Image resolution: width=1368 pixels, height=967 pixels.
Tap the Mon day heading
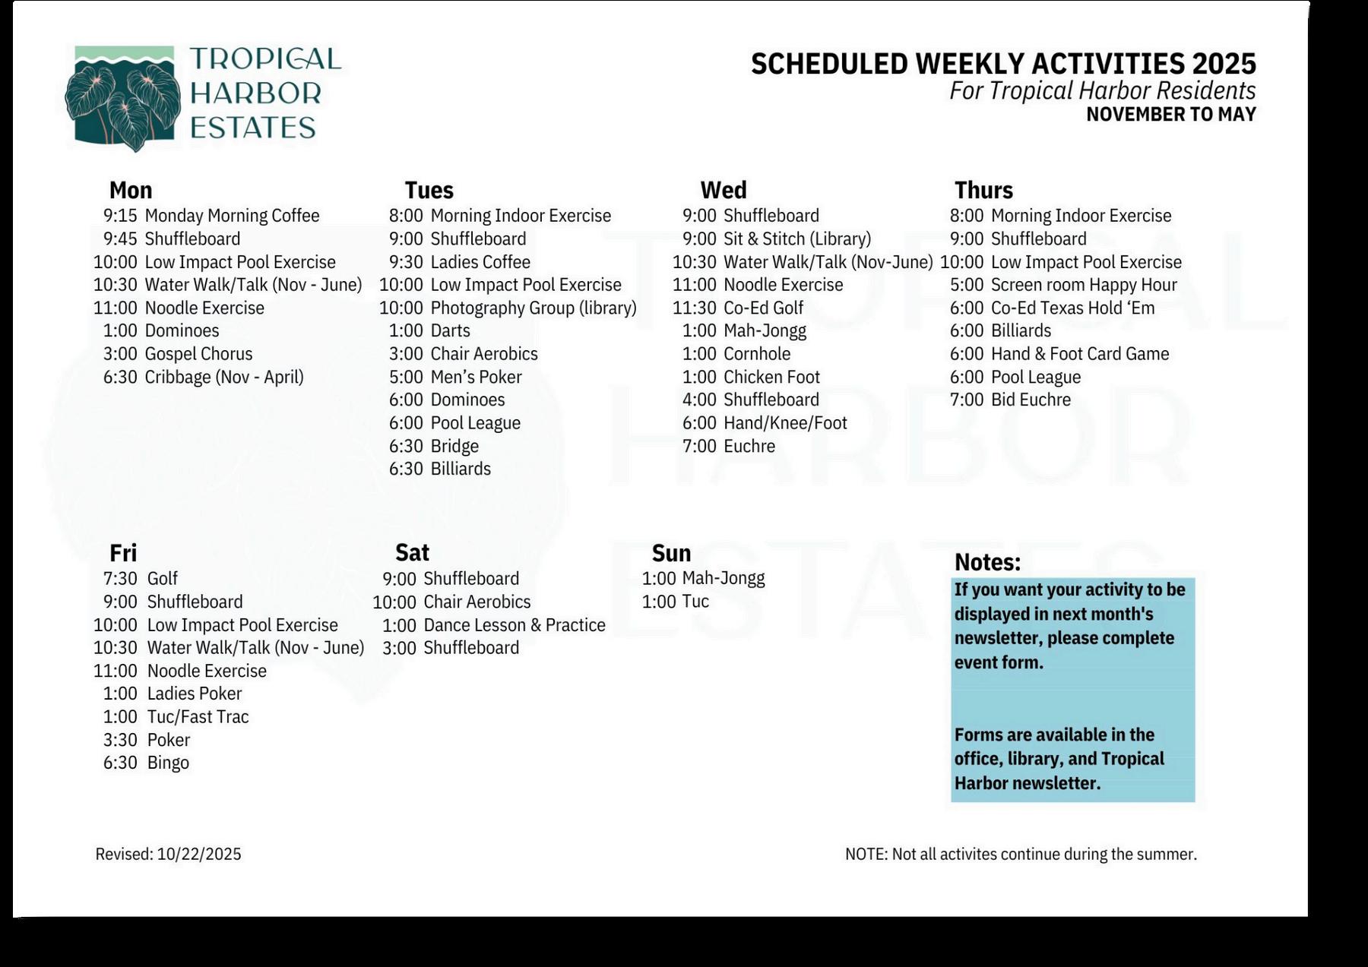pyautogui.click(x=131, y=190)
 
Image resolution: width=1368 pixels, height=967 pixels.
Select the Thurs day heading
pyautogui.click(x=983, y=190)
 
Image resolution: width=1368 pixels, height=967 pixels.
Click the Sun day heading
pyautogui.click(x=671, y=553)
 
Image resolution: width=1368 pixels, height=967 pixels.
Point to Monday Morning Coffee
pyautogui.click(x=232, y=216)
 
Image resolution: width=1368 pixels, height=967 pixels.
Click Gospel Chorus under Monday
pyautogui.click(x=198, y=354)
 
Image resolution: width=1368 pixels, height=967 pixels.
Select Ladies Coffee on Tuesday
pyautogui.click(x=480, y=262)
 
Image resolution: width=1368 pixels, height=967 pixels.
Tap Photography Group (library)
pyautogui.click(x=534, y=308)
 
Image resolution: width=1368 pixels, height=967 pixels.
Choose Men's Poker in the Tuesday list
pyautogui.click(x=476, y=377)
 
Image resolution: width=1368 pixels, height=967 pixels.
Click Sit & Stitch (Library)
pyautogui.click(x=797, y=239)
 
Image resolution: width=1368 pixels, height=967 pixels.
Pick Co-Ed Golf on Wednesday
pyautogui.click(x=763, y=308)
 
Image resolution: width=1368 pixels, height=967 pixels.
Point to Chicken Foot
pyautogui.click(x=771, y=377)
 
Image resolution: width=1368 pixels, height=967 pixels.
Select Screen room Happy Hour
pyautogui.click(x=1084, y=285)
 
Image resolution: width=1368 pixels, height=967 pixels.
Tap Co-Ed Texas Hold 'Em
pyautogui.click(x=1072, y=308)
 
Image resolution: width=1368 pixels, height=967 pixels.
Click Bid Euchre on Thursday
pyautogui.click(x=1031, y=400)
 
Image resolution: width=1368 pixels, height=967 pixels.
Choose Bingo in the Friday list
pyautogui.click(x=168, y=763)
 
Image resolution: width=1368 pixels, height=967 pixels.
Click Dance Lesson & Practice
pyautogui.click(x=515, y=625)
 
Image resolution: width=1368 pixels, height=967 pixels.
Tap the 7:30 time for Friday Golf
pyautogui.click(x=120, y=579)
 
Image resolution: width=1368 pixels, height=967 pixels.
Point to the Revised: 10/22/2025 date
pyautogui.click(x=168, y=854)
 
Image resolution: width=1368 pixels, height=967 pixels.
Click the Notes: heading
pyautogui.click(x=987, y=562)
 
